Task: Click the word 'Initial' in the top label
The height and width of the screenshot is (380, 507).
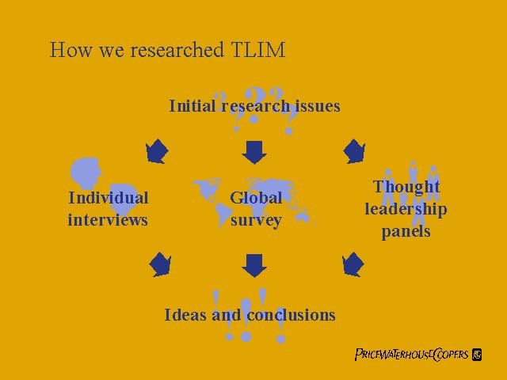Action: coord(193,105)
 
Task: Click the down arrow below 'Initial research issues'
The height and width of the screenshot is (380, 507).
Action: coord(254,150)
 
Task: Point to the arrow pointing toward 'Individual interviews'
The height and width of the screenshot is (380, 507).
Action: coord(157,150)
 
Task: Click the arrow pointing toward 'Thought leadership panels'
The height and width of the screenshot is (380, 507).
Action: coord(353,150)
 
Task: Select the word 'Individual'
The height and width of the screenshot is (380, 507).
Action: coord(108,198)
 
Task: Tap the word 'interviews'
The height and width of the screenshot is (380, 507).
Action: coord(108,219)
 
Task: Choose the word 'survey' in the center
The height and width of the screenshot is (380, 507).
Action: coord(255,219)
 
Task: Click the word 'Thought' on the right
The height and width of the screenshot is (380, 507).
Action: coord(406,188)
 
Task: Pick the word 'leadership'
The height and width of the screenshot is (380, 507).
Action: coord(406,209)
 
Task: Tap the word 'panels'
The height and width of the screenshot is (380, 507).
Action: coord(406,231)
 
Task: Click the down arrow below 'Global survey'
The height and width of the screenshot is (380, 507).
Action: coord(254,265)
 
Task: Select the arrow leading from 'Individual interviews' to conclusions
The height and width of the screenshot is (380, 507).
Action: coord(161,264)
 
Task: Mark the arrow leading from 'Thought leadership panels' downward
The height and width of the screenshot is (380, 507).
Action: coord(352,264)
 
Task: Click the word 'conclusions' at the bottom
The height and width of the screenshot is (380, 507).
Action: coord(291,315)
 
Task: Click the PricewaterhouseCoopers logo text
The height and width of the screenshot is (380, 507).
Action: coord(412,354)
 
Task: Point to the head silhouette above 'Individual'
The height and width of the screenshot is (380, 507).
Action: coord(86,171)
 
